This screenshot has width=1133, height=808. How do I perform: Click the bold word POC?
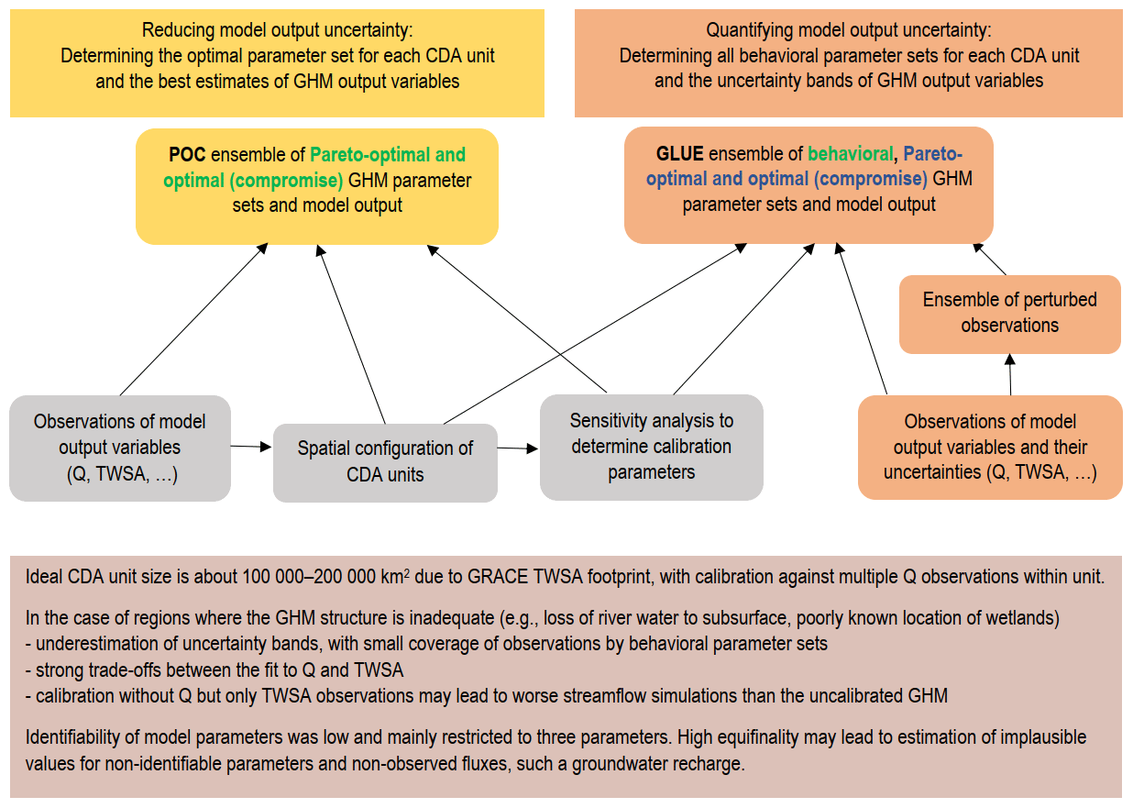coord(188,155)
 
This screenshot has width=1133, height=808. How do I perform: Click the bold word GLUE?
coord(679,154)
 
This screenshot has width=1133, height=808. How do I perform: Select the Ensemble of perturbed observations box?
coord(1009,314)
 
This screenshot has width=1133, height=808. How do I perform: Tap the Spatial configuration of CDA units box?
coord(385,461)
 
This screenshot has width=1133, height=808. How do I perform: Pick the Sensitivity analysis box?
coord(651,447)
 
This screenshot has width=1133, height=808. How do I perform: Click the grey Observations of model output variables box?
coord(119,448)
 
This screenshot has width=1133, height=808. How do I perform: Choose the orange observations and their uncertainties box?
coord(990,448)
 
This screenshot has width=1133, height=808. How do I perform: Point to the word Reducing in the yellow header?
coord(182,30)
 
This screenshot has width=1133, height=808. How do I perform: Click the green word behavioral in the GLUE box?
coord(850,154)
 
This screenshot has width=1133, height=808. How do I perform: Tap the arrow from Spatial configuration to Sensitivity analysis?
coord(518,448)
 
